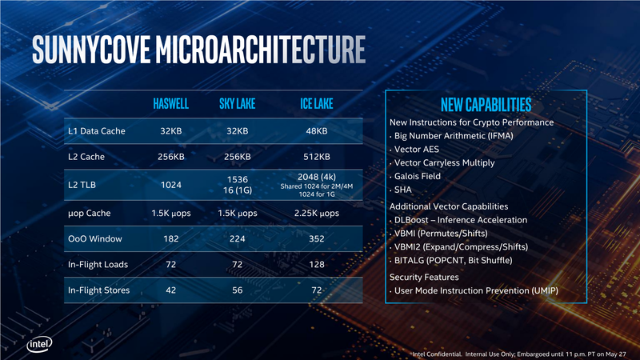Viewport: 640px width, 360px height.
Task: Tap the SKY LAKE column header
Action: (x=238, y=105)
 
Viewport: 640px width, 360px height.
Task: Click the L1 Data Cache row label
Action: (x=97, y=130)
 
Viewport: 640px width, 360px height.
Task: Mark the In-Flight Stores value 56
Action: (x=238, y=290)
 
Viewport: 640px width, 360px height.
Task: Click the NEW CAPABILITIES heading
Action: (x=486, y=106)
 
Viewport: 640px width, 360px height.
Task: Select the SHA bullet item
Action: (x=403, y=190)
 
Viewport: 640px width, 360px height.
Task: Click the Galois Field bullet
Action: (x=417, y=176)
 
